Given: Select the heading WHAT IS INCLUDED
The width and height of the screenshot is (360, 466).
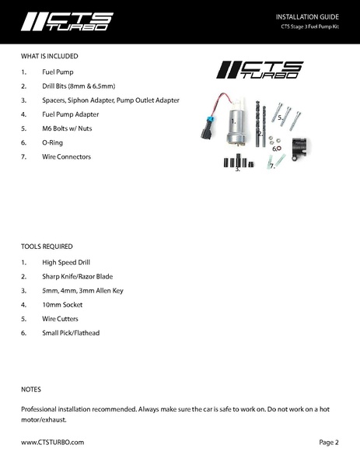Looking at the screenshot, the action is coord(50,56).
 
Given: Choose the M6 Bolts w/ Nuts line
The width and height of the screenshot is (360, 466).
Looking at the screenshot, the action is coord(64,128).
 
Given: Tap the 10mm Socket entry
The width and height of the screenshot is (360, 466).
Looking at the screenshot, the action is coord(61,304).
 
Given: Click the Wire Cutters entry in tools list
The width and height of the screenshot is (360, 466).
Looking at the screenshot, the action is coord(60,318).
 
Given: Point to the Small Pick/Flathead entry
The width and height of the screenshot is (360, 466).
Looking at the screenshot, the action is coord(71,333).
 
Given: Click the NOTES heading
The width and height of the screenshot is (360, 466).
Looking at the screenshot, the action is coord(31,388).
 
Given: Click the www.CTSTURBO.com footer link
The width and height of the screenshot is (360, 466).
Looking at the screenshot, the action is coord(52,441).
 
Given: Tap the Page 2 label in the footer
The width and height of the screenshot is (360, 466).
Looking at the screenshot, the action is coord(329,441).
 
